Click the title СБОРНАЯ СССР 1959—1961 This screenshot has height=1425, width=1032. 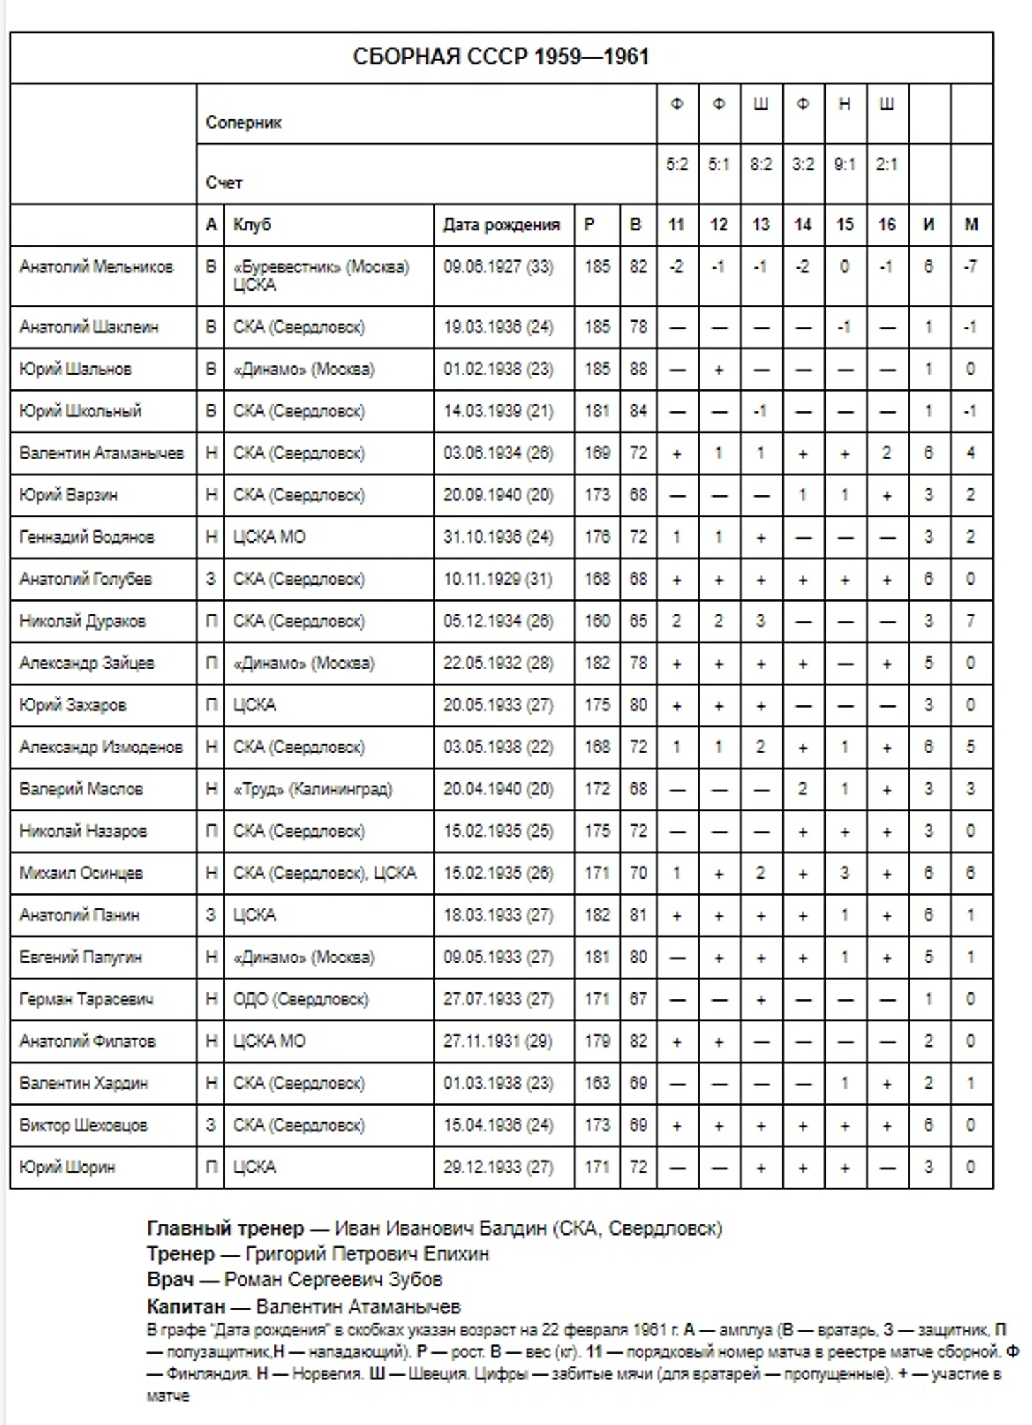[x=500, y=57]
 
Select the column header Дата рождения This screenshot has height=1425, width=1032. [x=501, y=225]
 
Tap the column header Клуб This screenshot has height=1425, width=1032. [x=252, y=225]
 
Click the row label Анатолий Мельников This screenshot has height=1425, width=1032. [x=96, y=267]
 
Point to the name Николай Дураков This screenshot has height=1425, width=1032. [x=83, y=621]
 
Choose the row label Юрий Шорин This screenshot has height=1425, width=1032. [x=67, y=1167]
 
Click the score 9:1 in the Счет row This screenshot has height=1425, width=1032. [x=845, y=165]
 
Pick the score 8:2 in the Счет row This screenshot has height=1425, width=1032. [x=761, y=165]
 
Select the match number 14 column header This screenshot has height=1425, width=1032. [x=802, y=225]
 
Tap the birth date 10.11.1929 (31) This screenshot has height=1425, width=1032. [x=498, y=579]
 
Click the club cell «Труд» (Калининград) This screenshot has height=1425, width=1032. [x=312, y=789]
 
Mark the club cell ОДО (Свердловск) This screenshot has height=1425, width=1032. [x=301, y=999]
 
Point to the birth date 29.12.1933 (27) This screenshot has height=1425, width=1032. [x=498, y=1167]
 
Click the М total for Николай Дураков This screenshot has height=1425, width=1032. [x=971, y=621]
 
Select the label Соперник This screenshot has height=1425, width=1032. [x=244, y=122]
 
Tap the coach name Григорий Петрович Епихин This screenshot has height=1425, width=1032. [x=367, y=1254]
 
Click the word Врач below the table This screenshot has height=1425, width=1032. [x=170, y=1279]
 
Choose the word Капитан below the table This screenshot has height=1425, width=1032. [x=186, y=1306]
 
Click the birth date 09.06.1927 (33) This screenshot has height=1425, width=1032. [x=498, y=267]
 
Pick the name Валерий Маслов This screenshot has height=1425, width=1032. [x=81, y=789]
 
